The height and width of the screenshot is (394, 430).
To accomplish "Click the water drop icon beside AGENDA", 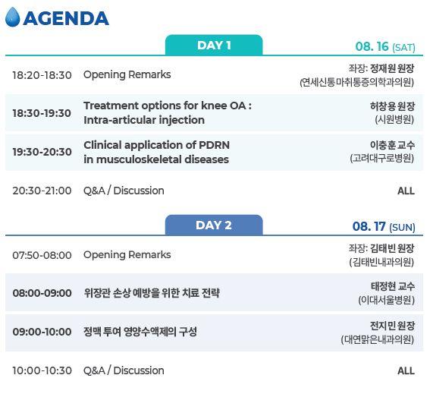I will [12, 17].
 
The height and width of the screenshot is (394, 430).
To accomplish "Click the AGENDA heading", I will [66, 17].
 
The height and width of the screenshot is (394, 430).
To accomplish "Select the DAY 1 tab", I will [214, 45].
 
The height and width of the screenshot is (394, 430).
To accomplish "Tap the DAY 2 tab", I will [214, 225].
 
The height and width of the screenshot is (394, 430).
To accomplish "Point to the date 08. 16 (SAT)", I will [385, 47].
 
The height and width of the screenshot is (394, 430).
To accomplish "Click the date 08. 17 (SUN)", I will [384, 227].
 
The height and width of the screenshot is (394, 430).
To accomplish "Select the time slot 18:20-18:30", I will [42, 75].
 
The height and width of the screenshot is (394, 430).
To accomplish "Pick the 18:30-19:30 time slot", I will [42, 113].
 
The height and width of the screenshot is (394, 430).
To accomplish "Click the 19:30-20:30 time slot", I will [42, 152].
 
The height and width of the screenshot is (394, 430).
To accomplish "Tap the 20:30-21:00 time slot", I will [42, 191].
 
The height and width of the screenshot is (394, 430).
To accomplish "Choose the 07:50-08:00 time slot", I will [42, 255].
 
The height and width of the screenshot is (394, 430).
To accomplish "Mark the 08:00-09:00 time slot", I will [42, 293].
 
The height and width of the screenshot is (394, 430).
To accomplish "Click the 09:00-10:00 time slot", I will [42, 332].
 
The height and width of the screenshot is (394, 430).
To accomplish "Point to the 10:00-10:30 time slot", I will [42, 370].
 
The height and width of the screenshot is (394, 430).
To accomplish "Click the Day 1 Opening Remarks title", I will [127, 75].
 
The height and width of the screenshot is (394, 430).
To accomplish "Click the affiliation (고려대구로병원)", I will [381, 159].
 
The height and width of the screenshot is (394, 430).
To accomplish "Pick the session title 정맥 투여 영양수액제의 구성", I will [140, 332].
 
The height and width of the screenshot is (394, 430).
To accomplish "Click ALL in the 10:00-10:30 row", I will [406, 370].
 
